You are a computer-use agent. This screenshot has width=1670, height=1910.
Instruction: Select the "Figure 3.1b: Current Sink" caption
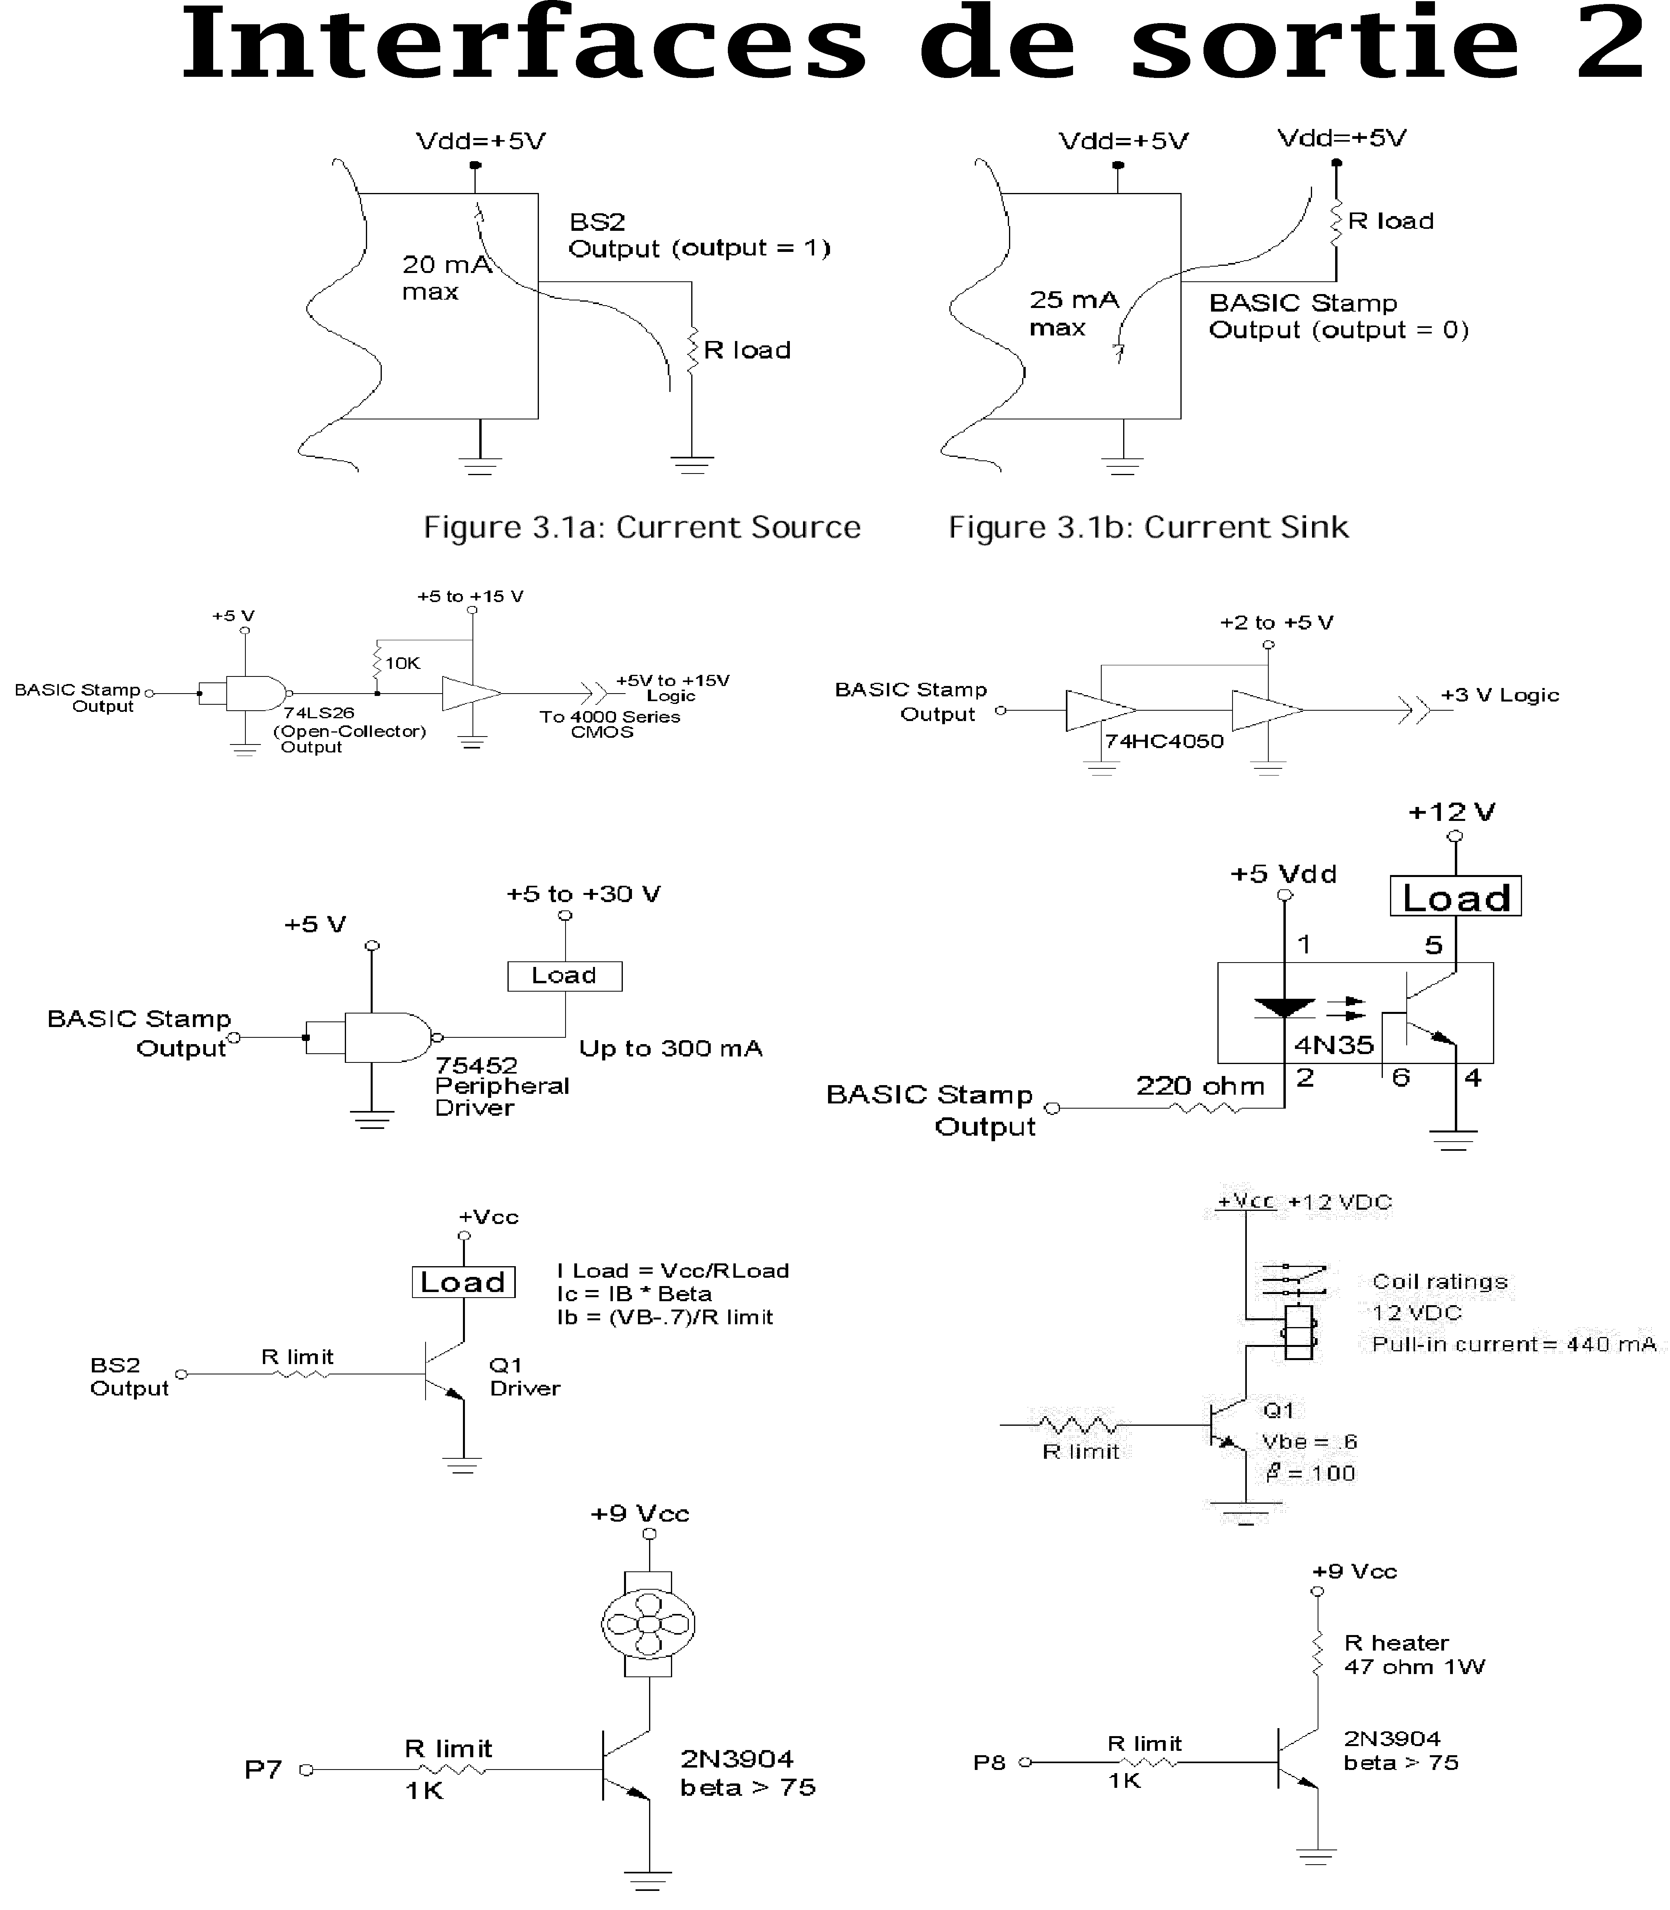coord(1148,528)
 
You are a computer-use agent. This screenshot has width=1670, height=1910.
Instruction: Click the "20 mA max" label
coord(445,278)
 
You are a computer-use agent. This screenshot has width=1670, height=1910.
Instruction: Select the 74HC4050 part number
coord(1164,741)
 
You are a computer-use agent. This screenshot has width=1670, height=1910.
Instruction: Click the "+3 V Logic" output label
coord(1499,694)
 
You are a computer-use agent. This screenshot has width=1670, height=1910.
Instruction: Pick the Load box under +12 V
coord(1455,897)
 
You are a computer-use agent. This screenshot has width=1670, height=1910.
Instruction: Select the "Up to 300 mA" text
coord(670,1049)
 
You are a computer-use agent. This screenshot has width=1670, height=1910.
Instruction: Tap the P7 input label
coord(263,1769)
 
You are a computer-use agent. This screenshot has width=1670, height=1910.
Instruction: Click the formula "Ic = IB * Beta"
coord(634,1294)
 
